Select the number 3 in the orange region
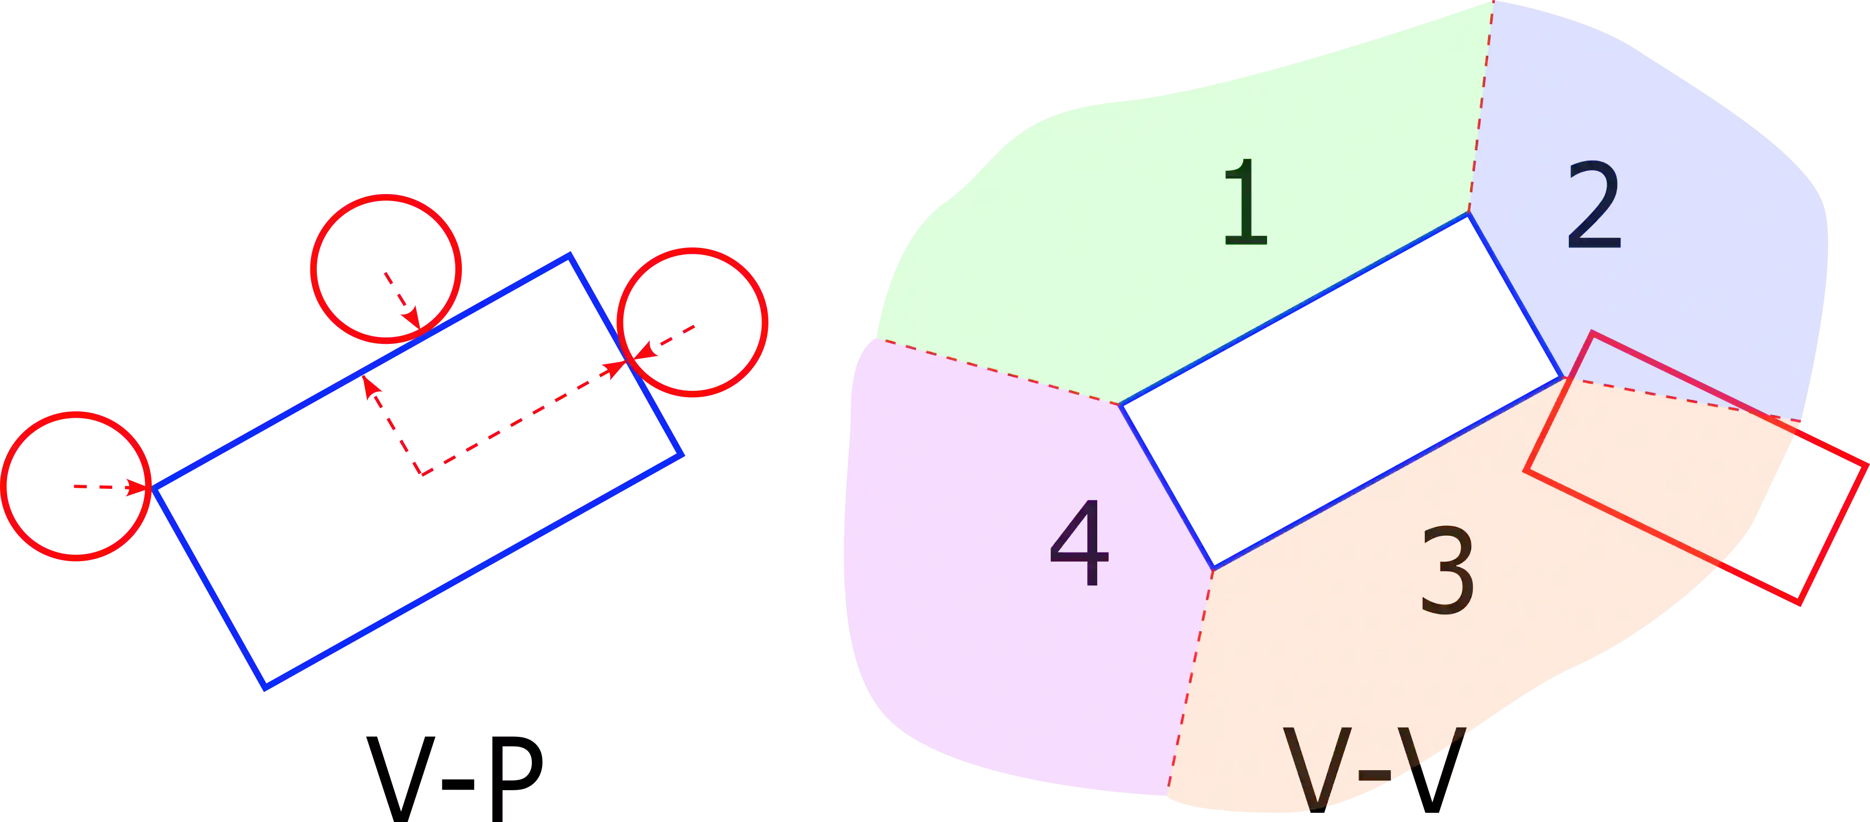pyautogui.click(x=1447, y=571)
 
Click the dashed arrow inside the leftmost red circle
pyautogui.click(x=109, y=487)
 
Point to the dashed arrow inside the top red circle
pyautogui.click(x=403, y=299)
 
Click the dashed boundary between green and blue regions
pyautogui.click(x=1481, y=109)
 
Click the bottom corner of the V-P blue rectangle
pyautogui.click(x=266, y=687)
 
